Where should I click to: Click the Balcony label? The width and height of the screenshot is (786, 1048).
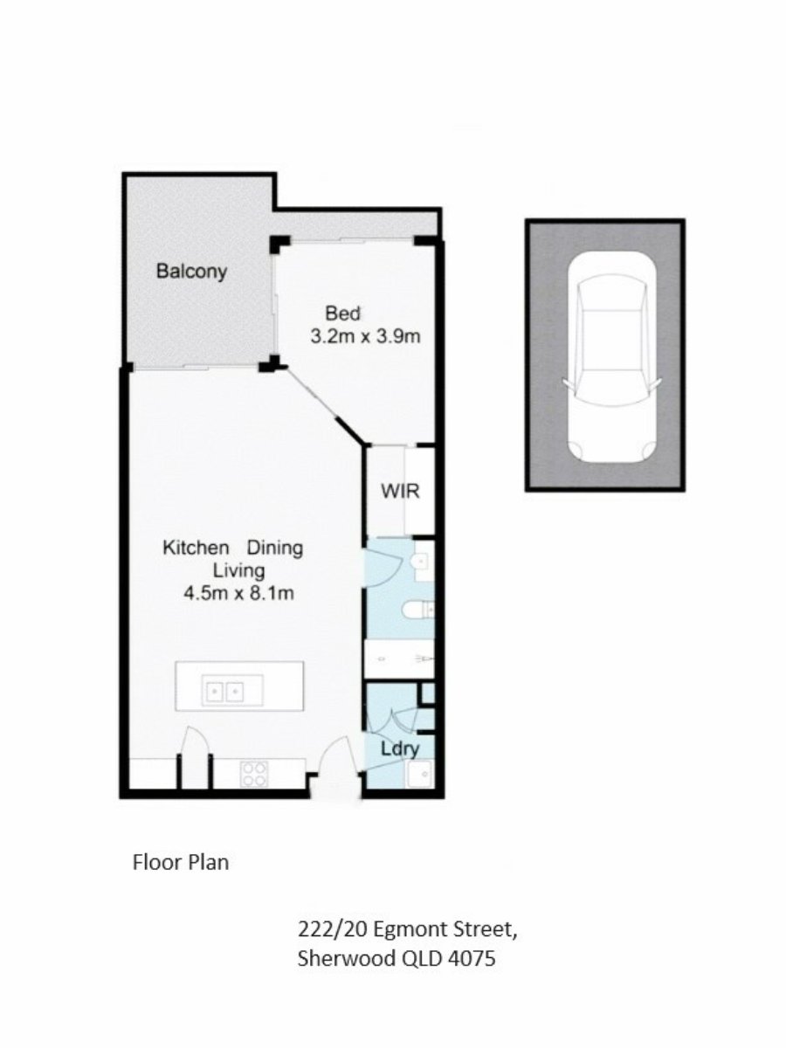pyautogui.click(x=191, y=272)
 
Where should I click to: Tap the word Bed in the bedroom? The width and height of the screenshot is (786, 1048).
pyautogui.click(x=342, y=314)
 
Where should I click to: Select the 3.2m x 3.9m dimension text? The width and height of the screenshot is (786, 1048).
pyautogui.click(x=365, y=336)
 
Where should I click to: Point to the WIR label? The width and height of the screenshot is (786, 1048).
pyautogui.click(x=400, y=491)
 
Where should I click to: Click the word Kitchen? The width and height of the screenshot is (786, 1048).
pyautogui.click(x=196, y=548)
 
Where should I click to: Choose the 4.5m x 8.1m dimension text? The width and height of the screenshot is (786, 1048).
pyautogui.click(x=238, y=594)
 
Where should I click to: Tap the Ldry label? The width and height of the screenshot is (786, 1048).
pyautogui.click(x=400, y=749)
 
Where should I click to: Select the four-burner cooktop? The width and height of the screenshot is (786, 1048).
pyautogui.click(x=254, y=774)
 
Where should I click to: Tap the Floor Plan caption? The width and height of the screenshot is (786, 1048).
pyautogui.click(x=181, y=862)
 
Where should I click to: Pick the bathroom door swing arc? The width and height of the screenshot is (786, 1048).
pyautogui.click(x=389, y=569)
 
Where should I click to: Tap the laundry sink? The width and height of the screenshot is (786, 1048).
pyautogui.click(x=420, y=773)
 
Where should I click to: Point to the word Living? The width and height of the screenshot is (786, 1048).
pyautogui.click(x=238, y=571)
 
